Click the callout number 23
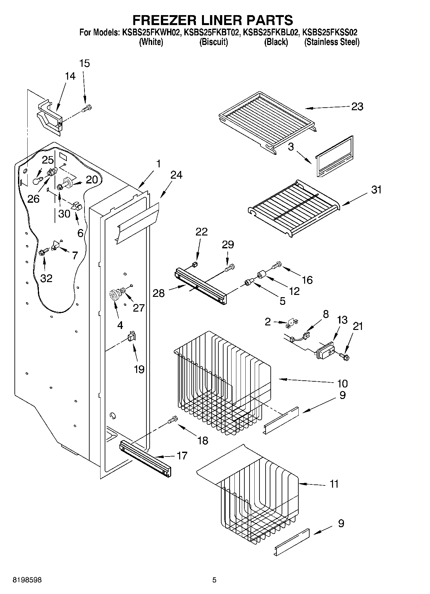click(357, 106)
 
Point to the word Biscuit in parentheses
click(214, 42)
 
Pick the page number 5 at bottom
click(215, 580)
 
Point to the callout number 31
click(376, 190)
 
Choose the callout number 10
click(342, 383)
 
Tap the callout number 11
click(334, 484)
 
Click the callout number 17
click(182, 456)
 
